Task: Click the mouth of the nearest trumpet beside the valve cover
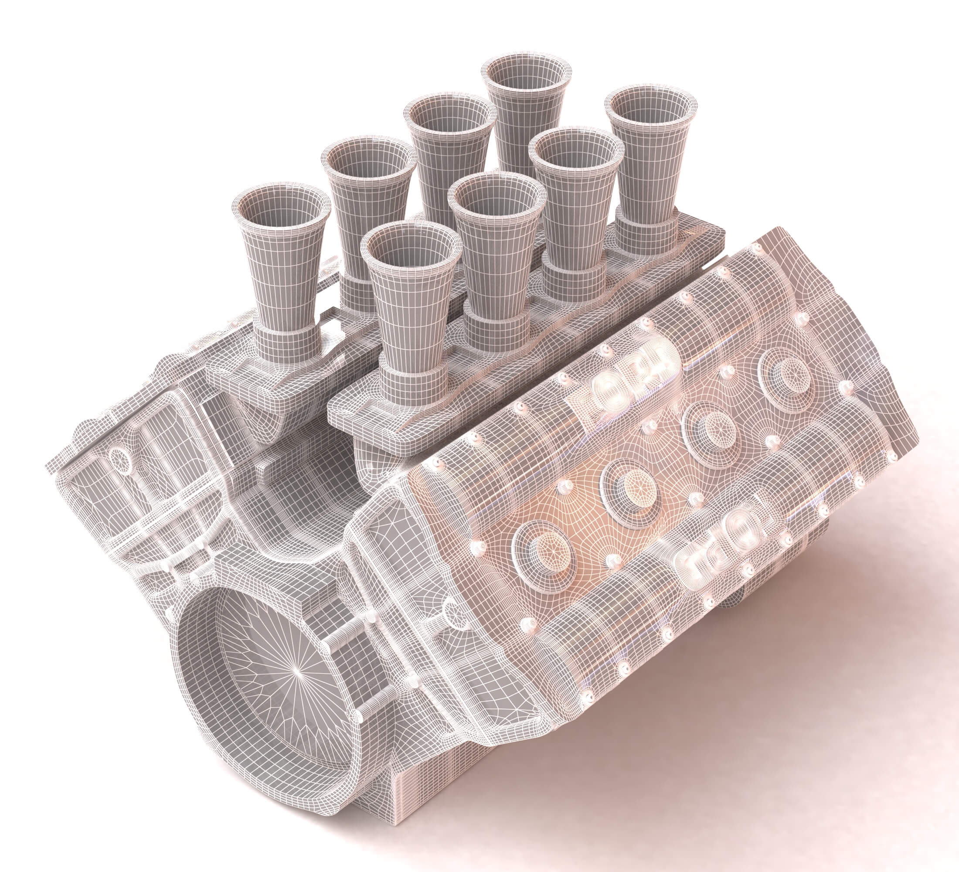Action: pos(411,249)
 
